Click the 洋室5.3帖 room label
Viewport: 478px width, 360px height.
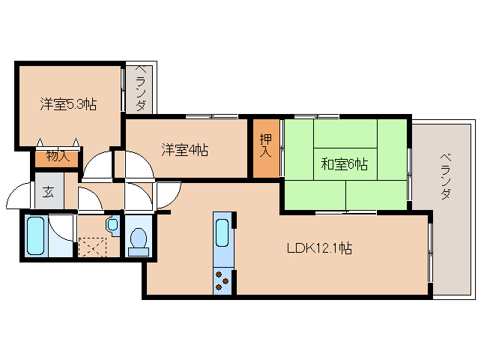pyautogui.click(x=68, y=104)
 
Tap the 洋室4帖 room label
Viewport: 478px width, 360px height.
pyautogui.click(x=185, y=150)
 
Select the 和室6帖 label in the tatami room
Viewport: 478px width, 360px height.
pyautogui.click(x=344, y=164)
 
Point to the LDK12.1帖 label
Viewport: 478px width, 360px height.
pyautogui.click(x=319, y=247)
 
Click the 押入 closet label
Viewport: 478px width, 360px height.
pyautogui.click(x=266, y=145)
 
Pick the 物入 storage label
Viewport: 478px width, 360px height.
pyautogui.click(x=58, y=156)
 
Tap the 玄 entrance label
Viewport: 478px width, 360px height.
pyautogui.click(x=49, y=193)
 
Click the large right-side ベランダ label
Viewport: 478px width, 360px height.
pyautogui.click(x=446, y=177)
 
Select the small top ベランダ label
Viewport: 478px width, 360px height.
pyautogui.click(x=140, y=88)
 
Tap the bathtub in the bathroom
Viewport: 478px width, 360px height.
pyautogui.click(x=36, y=235)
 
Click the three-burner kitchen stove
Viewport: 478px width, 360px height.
pyautogui.click(x=223, y=280)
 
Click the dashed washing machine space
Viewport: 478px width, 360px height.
pyautogui.click(x=92, y=247)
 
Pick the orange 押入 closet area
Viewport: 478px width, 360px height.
pyautogui.click(x=266, y=148)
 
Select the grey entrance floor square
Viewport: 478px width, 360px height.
pyautogui.click(x=49, y=190)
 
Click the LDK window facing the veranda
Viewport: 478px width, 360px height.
pyautogui.click(x=430, y=253)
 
